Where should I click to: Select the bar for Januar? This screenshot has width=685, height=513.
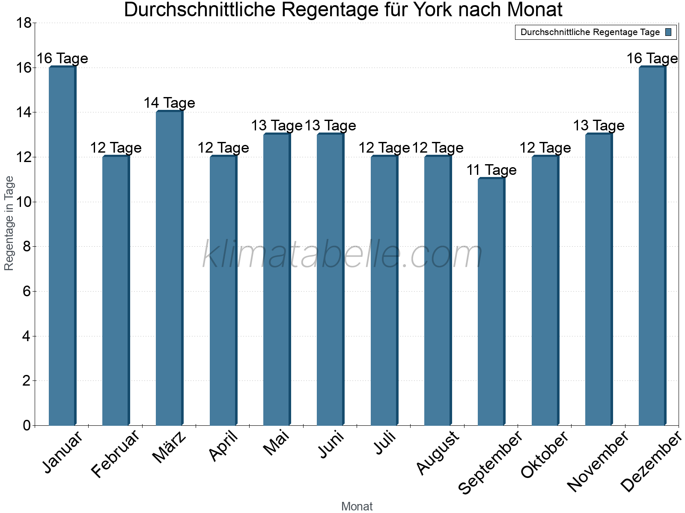click(63, 246)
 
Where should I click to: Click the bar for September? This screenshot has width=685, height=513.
click(491, 301)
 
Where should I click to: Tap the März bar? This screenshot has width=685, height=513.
click(170, 268)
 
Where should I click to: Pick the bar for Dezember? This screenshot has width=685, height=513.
click(652, 246)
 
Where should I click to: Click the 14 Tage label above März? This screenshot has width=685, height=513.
click(169, 103)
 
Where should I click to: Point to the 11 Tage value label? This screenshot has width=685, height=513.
click(491, 170)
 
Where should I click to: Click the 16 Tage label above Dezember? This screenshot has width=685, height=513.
click(652, 59)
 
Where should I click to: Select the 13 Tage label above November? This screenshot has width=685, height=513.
click(599, 126)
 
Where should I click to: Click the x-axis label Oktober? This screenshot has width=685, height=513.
click(545, 454)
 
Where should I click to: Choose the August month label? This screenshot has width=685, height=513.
click(438, 452)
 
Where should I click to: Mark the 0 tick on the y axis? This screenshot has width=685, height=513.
click(27, 425)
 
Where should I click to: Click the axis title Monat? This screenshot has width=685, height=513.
click(357, 507)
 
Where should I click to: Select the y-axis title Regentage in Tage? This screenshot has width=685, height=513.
click(9, 223)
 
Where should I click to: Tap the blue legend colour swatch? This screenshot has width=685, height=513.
click(669, 32)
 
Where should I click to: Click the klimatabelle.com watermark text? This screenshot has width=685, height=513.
click(342, 255)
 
